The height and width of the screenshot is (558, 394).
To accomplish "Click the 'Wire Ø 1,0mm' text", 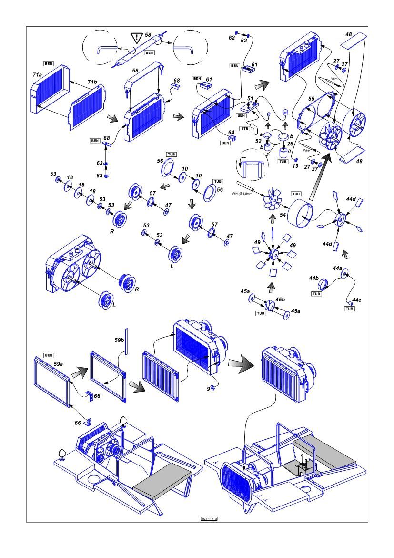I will point(242,193).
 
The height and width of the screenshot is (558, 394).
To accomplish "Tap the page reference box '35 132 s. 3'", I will point(209,518).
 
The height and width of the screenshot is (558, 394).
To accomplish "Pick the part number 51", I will point(251,98).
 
